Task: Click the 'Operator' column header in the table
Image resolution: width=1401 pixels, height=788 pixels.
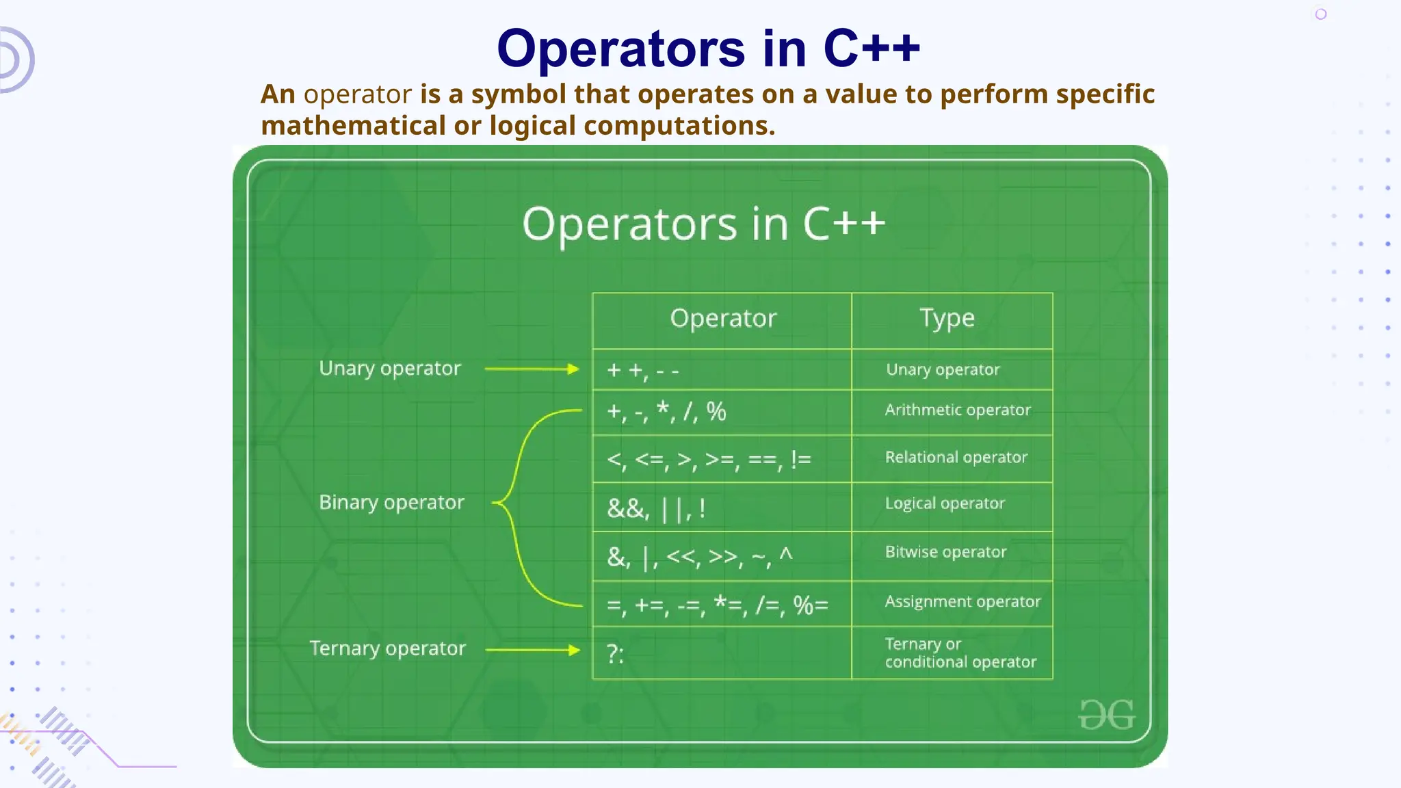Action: point(723,319)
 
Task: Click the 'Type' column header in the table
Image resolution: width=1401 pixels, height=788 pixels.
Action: point(947,319)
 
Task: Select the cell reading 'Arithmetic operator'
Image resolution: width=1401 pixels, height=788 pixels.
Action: point(957,410)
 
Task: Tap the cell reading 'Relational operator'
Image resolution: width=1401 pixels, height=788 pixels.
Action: point(956,458)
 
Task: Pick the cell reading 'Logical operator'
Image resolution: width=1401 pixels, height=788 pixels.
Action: point(945,504)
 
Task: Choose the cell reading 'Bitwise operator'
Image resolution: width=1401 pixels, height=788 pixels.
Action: point(945,553)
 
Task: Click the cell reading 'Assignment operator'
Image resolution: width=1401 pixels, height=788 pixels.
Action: point(962,602)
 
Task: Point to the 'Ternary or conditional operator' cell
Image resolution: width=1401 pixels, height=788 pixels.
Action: point(960,653)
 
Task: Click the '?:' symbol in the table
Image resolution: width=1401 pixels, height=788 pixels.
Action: point(615,655)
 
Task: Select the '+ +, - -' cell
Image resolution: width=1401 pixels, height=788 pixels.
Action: point(643,371)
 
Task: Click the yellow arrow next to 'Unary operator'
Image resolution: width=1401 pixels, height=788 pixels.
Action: point(532,369)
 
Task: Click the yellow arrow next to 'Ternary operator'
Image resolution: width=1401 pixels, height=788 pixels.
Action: point(532,650)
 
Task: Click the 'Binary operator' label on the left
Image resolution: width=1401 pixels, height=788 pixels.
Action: point(391,503)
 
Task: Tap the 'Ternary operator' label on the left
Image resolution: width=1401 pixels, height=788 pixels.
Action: point(387,648)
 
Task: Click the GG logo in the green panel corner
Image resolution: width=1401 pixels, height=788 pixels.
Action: point(1106,715)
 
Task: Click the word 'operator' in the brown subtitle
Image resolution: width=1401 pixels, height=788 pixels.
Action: point(357,94)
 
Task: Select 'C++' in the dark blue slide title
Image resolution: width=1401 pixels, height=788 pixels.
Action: point(872,49)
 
